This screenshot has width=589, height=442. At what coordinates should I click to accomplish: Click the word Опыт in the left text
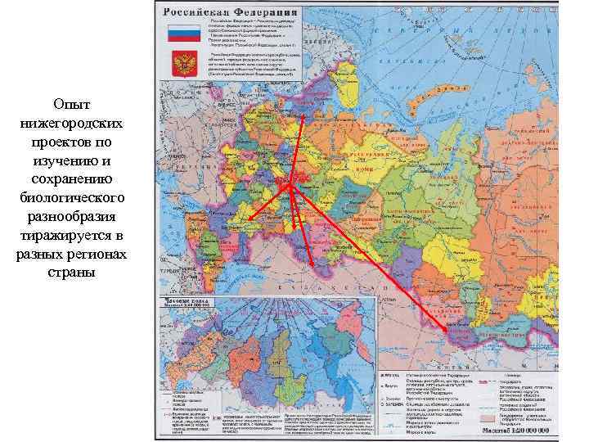(x=72, y=106)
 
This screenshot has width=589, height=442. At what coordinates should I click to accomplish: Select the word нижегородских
(x=72, y=124)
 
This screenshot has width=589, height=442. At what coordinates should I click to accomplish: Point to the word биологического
(x=72, y=198)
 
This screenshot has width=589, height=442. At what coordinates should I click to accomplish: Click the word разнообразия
(x=72, y=217)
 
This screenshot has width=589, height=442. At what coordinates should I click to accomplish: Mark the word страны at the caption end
(x=72, y=273)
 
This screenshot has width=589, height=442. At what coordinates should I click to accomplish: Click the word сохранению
(x=72, y=180)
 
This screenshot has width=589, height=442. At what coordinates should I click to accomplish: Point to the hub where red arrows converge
(x=290, y=187)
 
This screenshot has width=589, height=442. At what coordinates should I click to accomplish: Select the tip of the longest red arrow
(x=448, y=330)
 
